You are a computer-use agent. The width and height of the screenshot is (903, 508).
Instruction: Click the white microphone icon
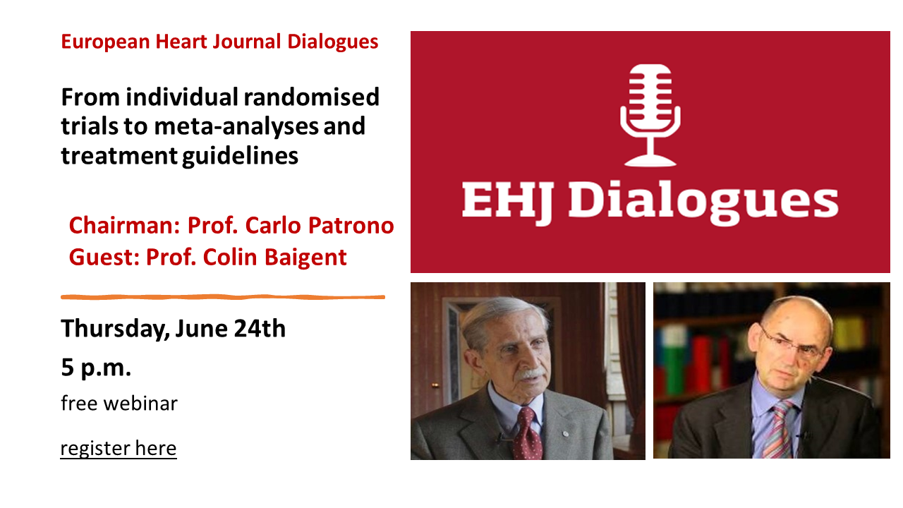(650, 115)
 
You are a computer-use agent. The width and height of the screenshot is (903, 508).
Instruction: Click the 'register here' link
(119, 448)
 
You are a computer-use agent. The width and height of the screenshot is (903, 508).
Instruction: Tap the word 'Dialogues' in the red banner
(703, 201)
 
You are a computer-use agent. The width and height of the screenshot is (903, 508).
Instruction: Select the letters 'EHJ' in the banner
(507, 201)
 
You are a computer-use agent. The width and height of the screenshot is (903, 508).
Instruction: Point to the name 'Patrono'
(351, 225)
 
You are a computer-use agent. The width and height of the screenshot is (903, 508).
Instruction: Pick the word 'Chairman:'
(124, 225)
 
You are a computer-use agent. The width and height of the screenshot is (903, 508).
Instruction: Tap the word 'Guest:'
(104, 258)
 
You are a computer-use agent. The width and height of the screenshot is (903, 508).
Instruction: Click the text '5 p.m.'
(96, 368)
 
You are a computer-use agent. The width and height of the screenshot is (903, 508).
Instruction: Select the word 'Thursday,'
(115, 329)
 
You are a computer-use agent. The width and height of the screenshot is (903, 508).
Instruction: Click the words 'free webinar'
(119, 403)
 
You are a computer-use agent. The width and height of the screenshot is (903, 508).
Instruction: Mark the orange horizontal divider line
(223, 297)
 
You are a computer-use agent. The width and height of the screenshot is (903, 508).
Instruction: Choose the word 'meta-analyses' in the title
(236, 126)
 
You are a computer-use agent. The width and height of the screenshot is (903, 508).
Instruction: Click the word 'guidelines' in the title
(241, 156)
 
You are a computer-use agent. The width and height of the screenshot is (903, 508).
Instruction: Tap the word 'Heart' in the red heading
(181, 42)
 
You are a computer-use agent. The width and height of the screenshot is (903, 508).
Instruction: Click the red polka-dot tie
(527, 434)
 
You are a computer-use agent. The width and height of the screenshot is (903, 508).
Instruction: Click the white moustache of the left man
(529, 373)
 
